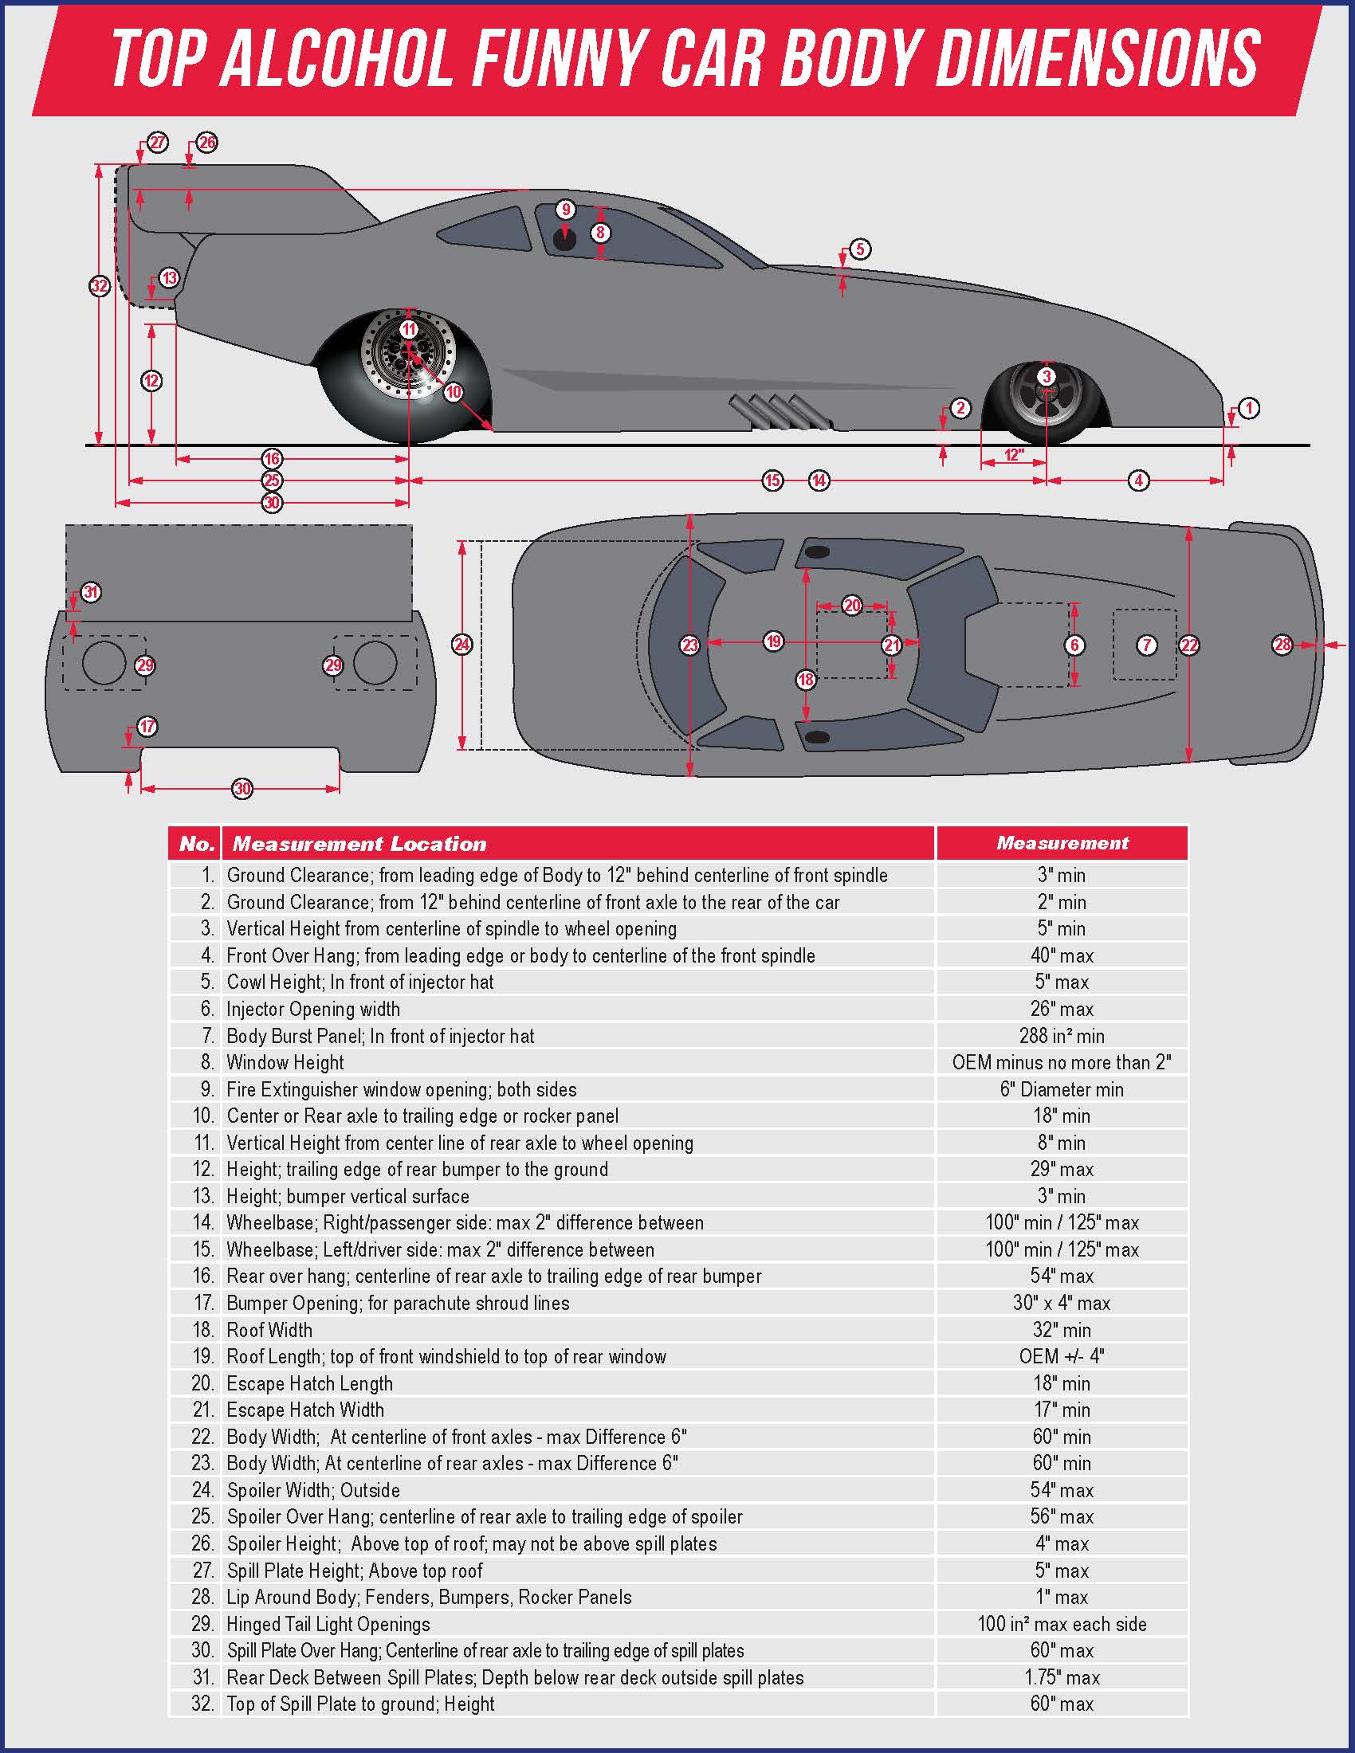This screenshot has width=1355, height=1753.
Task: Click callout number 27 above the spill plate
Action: [157, 143]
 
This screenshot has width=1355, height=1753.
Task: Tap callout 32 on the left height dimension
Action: [99, 286]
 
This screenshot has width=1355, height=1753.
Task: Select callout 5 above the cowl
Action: [860, 249]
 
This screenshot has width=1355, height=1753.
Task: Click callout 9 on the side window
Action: [566, 210]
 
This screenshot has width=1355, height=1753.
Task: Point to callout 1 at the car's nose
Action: [1248, 408]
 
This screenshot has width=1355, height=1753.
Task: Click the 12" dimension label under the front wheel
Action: [1014, 455]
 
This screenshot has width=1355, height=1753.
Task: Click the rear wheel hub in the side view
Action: [409, 351]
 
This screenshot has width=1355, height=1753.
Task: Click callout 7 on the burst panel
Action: [1146, 645]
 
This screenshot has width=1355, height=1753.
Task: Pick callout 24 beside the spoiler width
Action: [461, 644]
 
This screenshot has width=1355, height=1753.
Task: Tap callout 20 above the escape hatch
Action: [852, 606]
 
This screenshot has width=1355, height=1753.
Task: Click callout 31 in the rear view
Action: [90, 592]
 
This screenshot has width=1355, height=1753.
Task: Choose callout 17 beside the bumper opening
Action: [147, 727]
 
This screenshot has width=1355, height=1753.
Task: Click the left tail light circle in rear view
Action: [104, 663]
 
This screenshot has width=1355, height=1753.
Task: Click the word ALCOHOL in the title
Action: [336, 58]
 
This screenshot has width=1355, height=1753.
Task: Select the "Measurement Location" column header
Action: [359, 844]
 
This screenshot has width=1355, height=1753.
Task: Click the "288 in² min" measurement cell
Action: [1061, 1035]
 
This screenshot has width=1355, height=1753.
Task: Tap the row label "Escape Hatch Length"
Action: [310, 1383]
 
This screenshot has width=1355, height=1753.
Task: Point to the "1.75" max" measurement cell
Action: [1061, 1677]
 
